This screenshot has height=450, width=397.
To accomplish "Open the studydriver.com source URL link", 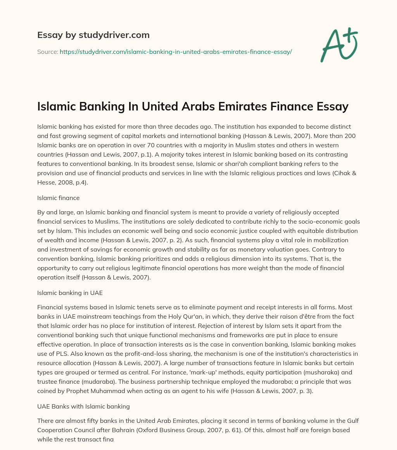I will pos(176,52).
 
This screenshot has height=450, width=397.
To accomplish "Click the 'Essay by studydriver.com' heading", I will pos(93,35).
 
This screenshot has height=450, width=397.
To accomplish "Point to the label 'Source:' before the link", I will pos(47,52).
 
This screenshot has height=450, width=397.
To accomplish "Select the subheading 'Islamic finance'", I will pos(58,198).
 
